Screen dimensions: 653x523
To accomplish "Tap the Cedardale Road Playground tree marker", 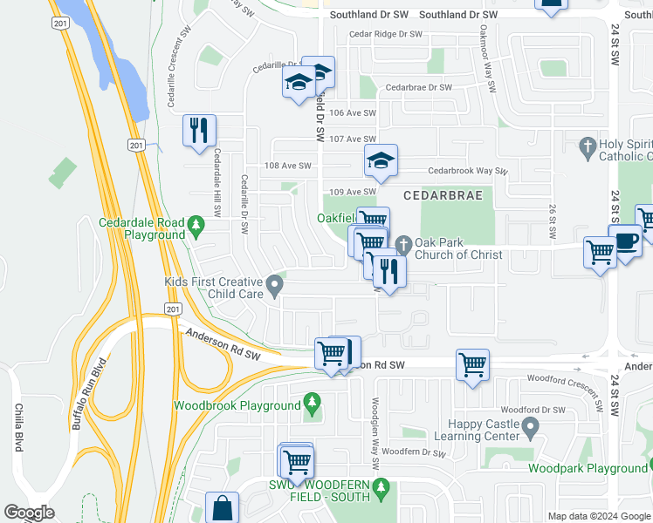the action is click(196, 227).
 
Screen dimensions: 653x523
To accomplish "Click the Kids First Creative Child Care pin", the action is click(275, 285).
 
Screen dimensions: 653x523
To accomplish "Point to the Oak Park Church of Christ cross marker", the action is click(402, 244).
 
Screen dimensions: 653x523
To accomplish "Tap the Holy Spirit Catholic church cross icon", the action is click(588, 146).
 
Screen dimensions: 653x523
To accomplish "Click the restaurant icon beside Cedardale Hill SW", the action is click(199, 131).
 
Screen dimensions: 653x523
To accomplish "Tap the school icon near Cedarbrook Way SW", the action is click(381, 161).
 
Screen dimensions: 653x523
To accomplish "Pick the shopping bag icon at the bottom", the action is click(222, 508).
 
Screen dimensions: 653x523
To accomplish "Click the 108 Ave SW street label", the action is click(288, 166).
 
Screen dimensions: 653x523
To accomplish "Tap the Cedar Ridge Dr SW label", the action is click(385, 34).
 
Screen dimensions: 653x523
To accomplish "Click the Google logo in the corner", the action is click(29, 513).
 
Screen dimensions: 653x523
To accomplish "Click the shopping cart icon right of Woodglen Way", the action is click(472, 365).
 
